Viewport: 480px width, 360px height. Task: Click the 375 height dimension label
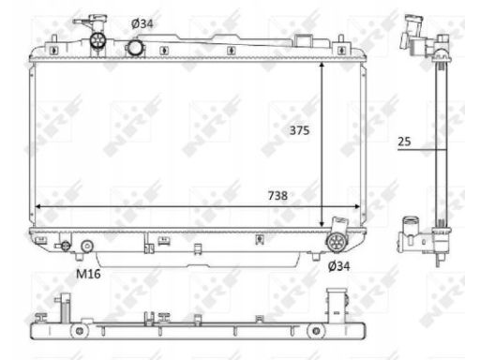(299, 130)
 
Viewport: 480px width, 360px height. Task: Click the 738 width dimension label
(277, 196)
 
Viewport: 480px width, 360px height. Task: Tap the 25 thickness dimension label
(404, 142)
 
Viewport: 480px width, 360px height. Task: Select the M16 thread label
(88, 274)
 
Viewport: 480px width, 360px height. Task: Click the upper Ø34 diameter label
(142, 23)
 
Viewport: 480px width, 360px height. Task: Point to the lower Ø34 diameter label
(338, 266)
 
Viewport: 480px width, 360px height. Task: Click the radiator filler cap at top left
(97, 40)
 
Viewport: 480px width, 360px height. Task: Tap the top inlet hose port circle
(135, 47)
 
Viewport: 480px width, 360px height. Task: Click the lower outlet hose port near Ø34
(337, 242)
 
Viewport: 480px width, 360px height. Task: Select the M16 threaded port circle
(87, 247)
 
